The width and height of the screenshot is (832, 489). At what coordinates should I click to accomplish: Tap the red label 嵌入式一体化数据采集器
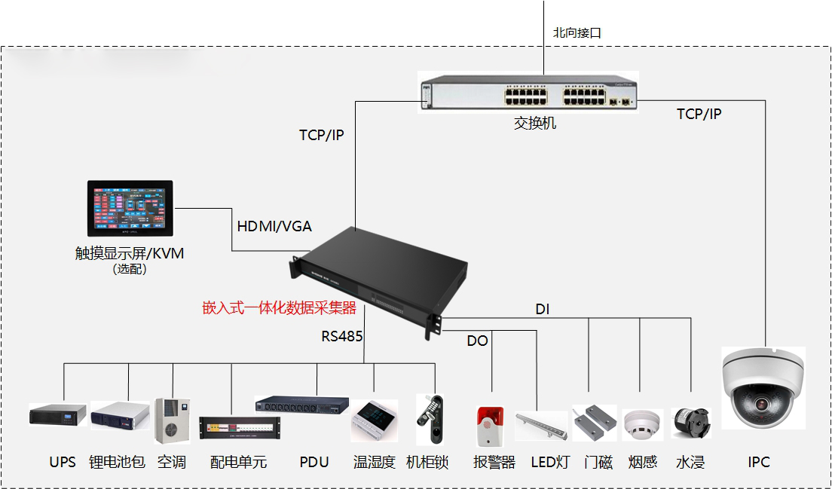(279, 307)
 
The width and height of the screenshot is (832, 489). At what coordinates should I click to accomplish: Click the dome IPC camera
(763, 389)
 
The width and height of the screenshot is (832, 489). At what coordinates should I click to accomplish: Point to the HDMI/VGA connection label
(274, 226)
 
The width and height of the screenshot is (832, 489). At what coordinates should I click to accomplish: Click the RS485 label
(342, 336)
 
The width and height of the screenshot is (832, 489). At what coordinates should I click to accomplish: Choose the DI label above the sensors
(543, 310)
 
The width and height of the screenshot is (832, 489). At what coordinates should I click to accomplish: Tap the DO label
(477, 341)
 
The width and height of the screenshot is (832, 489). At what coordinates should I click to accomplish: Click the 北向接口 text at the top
(577, 33)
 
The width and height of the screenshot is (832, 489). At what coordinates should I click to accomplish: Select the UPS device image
(58, 415)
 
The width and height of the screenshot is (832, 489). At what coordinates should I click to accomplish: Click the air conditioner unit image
(172, 420)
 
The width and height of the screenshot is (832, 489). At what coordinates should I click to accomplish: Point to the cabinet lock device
(432, 419)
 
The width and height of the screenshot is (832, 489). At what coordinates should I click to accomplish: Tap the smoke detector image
(642, 425)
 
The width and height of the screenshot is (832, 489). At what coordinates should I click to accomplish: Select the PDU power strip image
(301, 405)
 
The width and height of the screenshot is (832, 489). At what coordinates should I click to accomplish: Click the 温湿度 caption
(374, 463)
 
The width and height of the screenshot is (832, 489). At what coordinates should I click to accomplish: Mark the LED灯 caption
(549, 463)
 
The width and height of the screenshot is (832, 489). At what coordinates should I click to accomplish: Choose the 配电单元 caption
(238, 463)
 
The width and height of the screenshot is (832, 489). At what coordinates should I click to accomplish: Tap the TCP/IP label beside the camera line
(699, 115)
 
